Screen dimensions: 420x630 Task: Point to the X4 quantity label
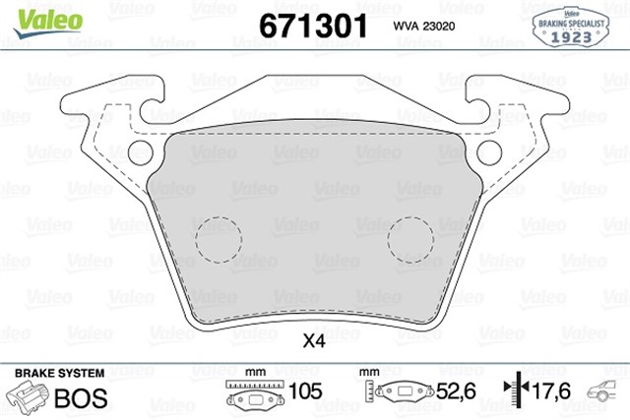313,342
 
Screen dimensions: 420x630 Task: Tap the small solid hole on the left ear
142,153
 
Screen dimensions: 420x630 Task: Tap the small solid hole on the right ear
490,153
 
